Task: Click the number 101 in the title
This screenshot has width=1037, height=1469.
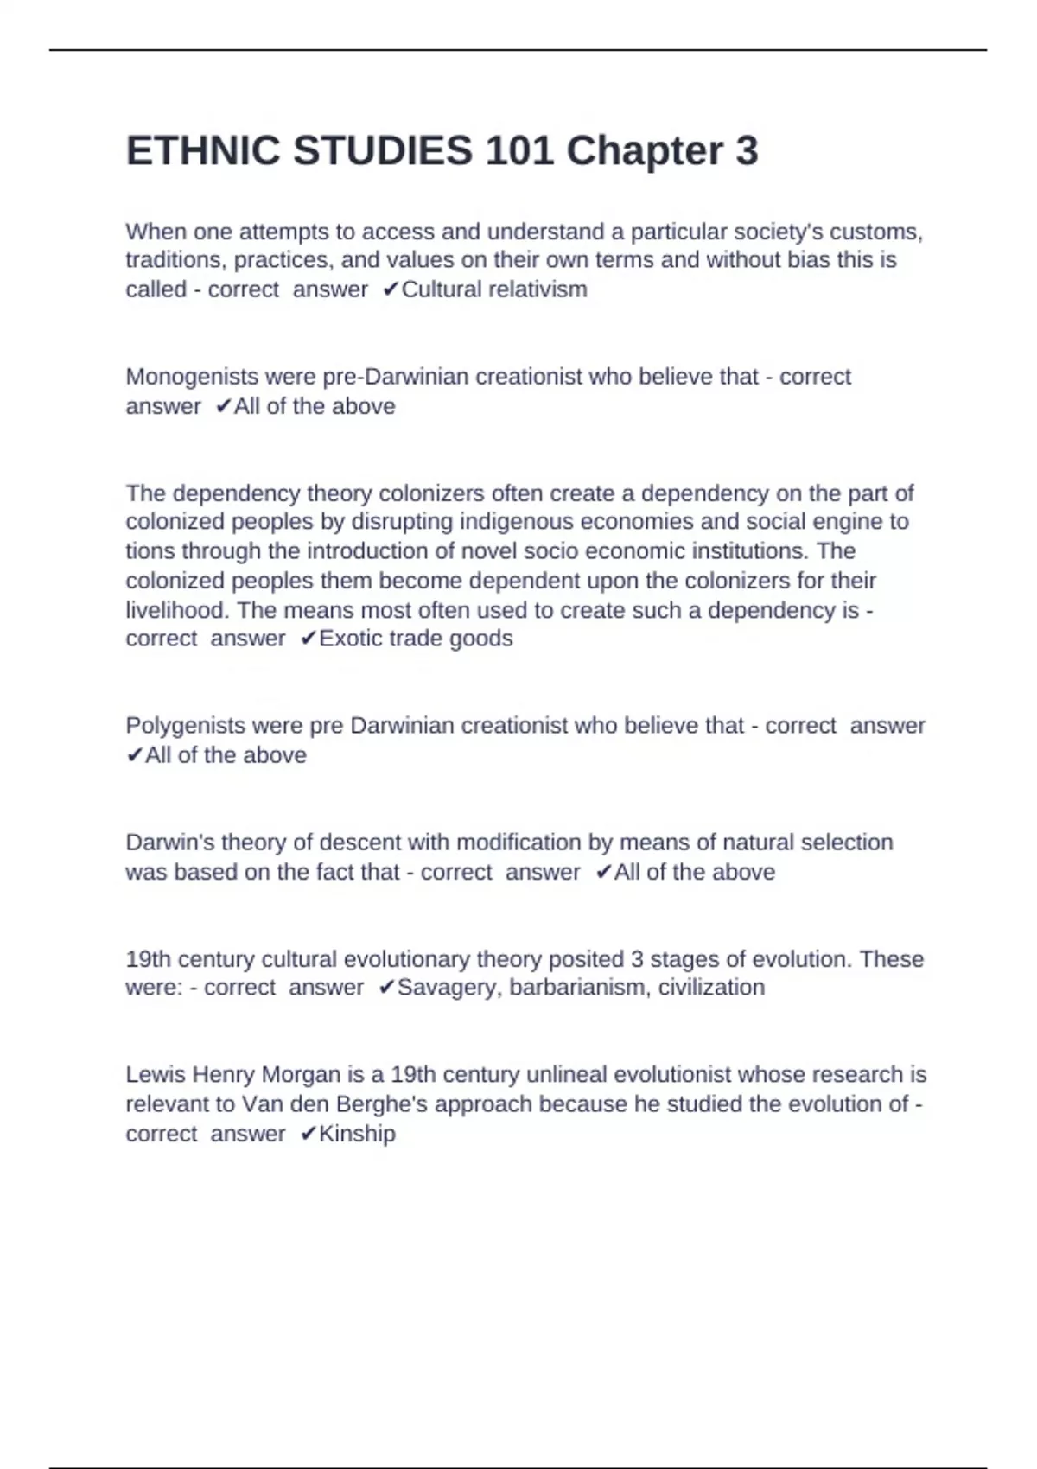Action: tap(518, 151)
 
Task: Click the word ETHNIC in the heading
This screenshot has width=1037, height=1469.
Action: tap(203, 151)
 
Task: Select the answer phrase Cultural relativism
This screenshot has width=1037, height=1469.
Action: tap(493, 289)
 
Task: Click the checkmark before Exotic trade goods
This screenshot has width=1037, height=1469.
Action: tap(309, 639)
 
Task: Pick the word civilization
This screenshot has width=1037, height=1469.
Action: tap(711, 988)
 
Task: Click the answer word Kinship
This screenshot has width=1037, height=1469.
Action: tap(357, 1134)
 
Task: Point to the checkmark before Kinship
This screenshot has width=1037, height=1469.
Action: tap(309, 1134)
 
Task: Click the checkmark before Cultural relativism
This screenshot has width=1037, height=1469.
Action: tap(391, 289)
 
